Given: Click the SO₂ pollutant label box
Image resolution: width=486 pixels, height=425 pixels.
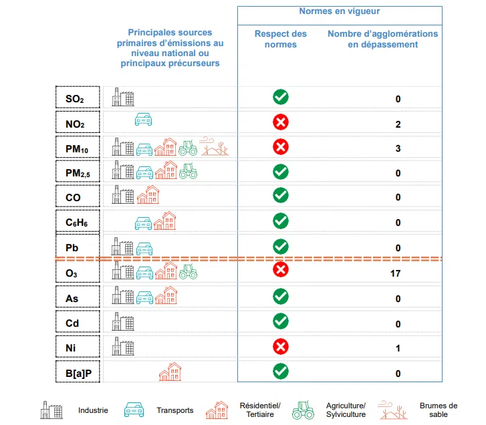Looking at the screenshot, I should [x=78, y=98].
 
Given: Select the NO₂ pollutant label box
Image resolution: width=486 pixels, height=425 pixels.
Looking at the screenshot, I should [x=78, y=124].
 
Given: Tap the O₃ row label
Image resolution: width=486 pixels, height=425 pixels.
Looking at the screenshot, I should [x=78, y=273].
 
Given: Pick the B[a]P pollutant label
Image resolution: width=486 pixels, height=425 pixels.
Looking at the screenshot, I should [x=78, y=373].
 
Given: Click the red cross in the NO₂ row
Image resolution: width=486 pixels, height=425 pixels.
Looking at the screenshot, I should [x=281, y=122].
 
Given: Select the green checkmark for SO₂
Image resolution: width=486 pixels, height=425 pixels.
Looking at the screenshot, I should [x=281, y=97].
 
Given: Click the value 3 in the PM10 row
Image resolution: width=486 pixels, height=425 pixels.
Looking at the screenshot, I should [x=398, y=148].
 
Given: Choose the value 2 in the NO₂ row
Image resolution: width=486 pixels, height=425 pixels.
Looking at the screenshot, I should [x=398, y=124].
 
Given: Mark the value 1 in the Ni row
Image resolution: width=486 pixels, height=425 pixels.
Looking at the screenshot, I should [x=398, y=348].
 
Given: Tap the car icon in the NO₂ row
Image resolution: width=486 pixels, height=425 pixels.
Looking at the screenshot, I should [x=144, y=120].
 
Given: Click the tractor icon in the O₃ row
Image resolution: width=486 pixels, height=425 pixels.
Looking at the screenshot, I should [x=188, y=271].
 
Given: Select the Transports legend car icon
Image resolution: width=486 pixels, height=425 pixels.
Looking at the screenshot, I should [x=136, y=410].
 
